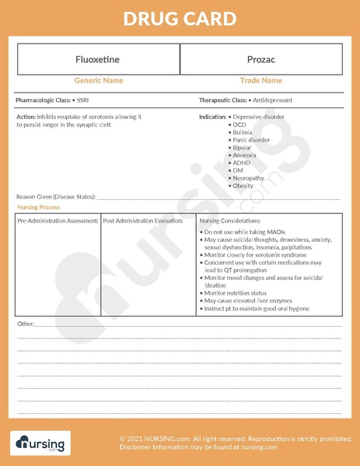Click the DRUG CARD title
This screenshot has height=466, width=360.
(x=180, y=19)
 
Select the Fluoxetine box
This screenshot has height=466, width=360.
(x=98, y=59)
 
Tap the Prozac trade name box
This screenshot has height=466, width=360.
(x=260, y=59)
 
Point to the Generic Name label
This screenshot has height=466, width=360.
(x=98, y=80)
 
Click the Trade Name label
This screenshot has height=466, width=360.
(x=260, y=80)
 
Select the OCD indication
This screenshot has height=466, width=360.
(x=239, y=124)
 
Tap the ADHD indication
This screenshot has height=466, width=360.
(x=241, y=163)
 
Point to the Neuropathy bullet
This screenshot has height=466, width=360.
(x=248, y=178)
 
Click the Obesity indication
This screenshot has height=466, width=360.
(x=243, y=186)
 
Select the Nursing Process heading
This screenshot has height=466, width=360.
(x=38, y=208)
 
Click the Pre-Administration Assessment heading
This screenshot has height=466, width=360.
(x=58, y=221)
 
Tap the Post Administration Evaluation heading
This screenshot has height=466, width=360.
(x=142, y=221)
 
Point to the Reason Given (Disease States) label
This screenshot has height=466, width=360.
(x=55, y=197)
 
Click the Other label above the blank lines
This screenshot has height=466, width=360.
(x=25, y=323)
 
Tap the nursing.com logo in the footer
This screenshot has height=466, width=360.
(x=40, y=444)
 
